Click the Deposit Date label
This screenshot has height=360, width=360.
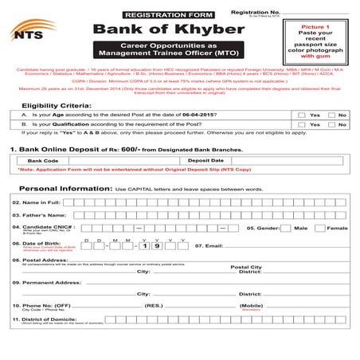(x=205, y=161)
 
